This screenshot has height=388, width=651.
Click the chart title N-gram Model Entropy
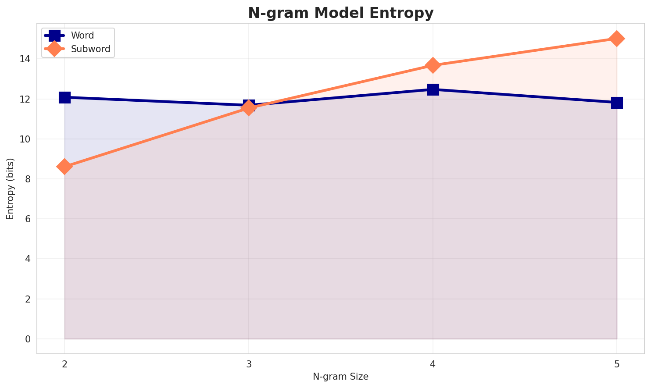[x=340, y=13]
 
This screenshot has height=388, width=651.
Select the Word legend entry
[x=82, y=36]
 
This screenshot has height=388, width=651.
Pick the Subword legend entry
[x=90, y=49]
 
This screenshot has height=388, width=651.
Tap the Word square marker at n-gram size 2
[x=64, y=97]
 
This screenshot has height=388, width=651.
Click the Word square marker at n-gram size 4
[x=433, y=89]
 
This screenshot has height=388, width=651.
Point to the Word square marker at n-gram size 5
[x=617, y=103]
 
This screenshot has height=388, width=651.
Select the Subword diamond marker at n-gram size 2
[x=64, y=167]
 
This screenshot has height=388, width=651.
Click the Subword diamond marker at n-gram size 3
[x=249, y=107]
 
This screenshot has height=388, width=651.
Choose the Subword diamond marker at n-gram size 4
[x=433, y=65]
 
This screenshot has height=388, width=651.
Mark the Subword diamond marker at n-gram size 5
[x=617, y=39]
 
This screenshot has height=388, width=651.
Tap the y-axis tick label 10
[x=26, y=139]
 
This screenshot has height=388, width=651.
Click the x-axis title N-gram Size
[x=340, y=377]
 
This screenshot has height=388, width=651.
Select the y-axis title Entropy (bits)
[x=11, y=189]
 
